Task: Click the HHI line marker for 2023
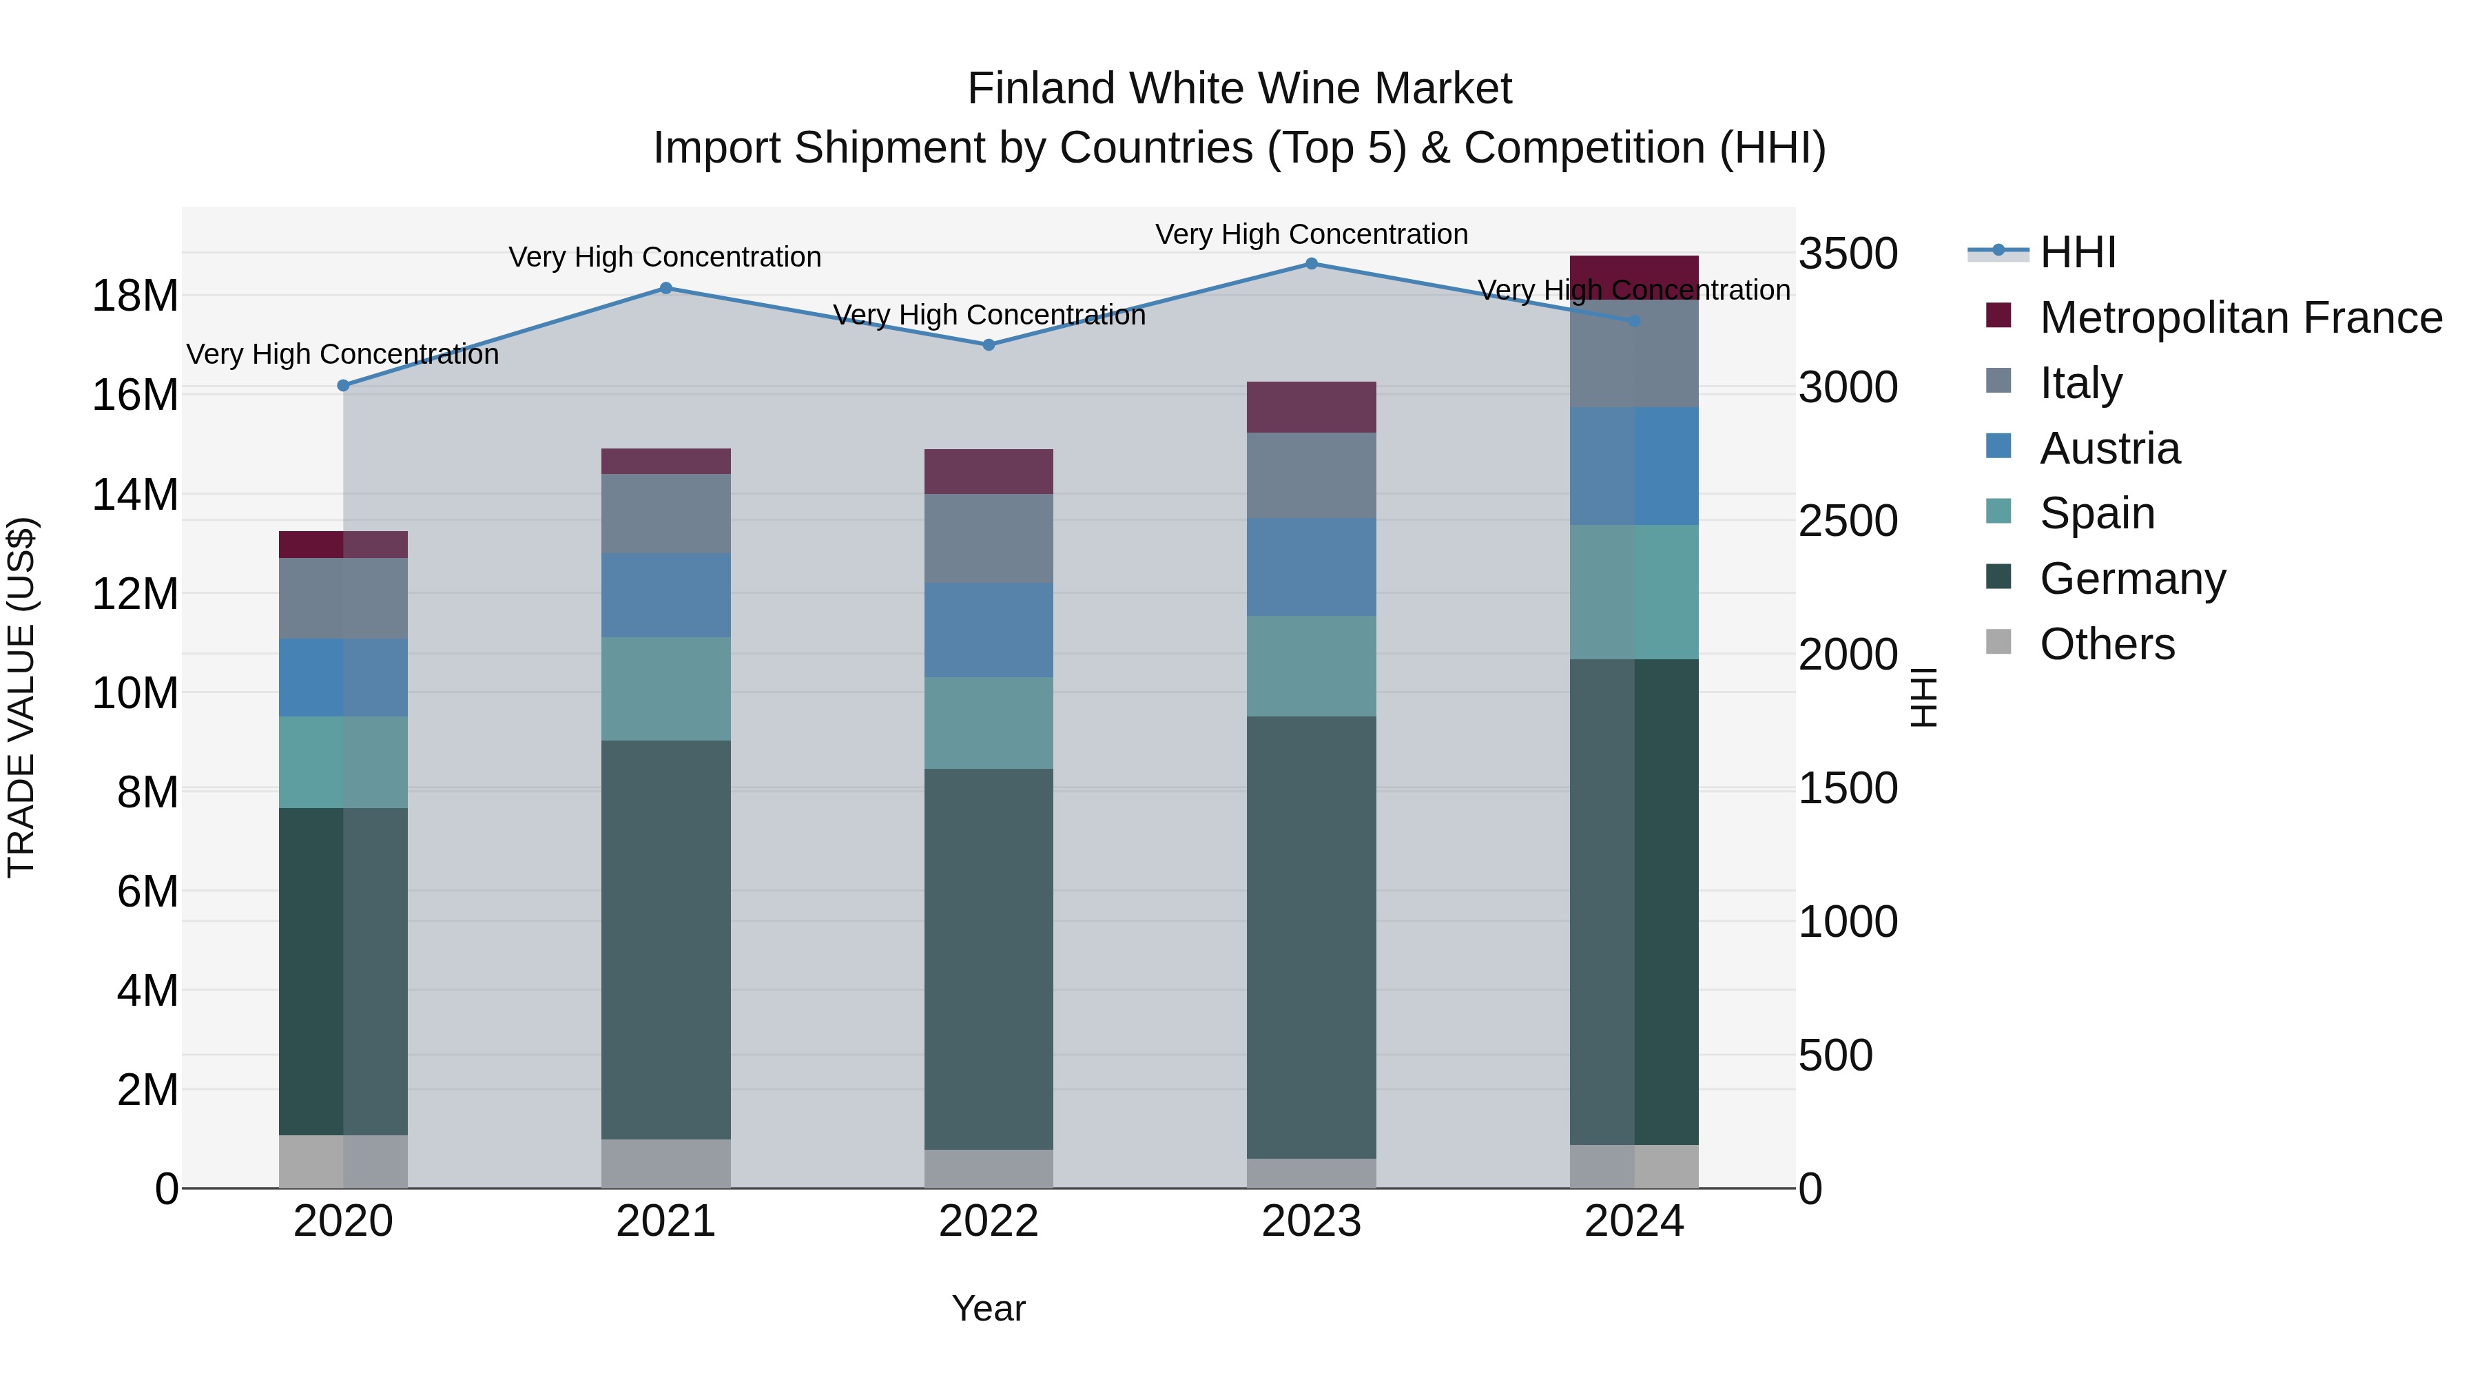coord(1311,263)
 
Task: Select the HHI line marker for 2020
coord(344,385)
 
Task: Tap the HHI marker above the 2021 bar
coord(666,288)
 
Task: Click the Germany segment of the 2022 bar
coord(989,958)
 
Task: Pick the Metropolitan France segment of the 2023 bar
coord(1311,407)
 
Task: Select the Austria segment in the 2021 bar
coord(666,595)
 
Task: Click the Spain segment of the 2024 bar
coord(1634,592)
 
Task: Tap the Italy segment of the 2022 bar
coord(989,538)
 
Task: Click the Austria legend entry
coord(2109,448)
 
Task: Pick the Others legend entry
coord(2107,644)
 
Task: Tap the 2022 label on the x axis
coord(989,1221)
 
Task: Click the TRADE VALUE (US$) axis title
coord(21,697)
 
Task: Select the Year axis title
coord(989,1308)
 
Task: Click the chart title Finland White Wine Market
coord(1239,89)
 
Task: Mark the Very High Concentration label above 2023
coord(1311,234)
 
